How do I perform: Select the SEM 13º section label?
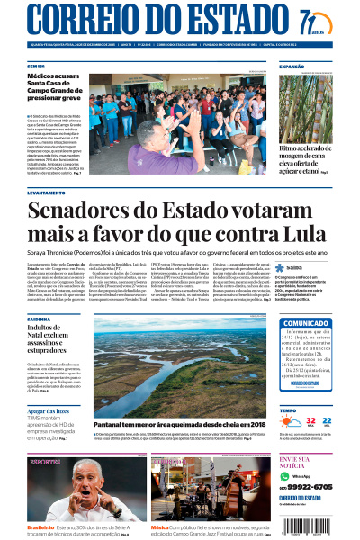(x=36, y=67)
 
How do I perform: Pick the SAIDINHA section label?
(x=39, y=318)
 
